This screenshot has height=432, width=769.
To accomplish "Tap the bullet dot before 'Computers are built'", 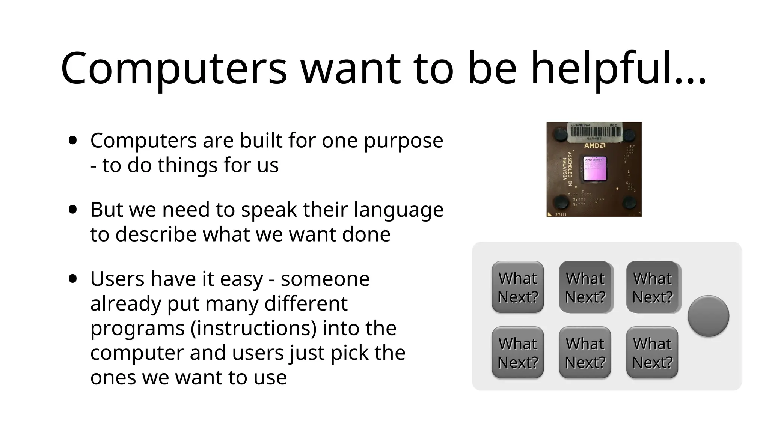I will point(73,141).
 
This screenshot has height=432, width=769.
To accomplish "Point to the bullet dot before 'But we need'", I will point(73,210).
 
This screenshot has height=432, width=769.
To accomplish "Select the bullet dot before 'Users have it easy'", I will point(73,279).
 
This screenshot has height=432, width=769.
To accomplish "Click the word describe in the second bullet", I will point(156,234).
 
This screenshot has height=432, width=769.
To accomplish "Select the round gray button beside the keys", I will point(708,316).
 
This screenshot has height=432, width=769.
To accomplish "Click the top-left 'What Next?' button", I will point(518,287).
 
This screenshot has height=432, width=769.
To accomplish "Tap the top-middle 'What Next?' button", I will point(585,287).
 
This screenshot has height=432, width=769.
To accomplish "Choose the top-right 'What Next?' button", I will point(653,287).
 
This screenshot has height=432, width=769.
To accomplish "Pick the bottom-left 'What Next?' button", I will point(518,352).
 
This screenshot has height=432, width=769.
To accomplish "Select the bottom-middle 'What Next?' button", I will point(585,352).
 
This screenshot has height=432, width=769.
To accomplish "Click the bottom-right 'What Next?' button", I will point(653,352).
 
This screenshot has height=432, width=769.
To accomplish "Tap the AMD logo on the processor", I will point(594,145).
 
